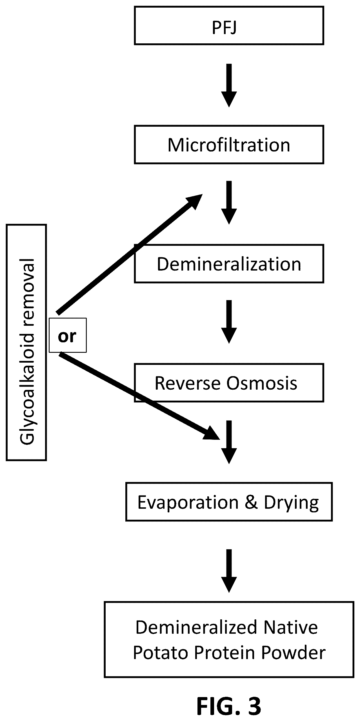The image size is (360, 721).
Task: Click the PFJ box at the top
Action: point(229,26)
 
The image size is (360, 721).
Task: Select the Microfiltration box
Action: point(229,145)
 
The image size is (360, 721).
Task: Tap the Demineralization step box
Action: point(229,264)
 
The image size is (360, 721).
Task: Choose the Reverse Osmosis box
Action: point(229,383)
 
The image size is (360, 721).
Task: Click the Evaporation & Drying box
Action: point(229,502)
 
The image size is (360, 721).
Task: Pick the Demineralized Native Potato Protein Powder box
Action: point(229,639)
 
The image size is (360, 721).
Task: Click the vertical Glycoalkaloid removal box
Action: point(26,342)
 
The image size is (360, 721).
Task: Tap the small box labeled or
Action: point(68,335)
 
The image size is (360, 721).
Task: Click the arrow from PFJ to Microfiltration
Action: point(229,85)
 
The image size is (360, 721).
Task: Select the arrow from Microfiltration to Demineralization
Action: point(229,203)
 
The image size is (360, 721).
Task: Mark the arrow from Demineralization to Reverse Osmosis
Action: point(229,322)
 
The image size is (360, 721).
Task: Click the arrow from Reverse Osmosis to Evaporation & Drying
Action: point(229,442)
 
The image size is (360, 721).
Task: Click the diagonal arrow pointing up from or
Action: point(130,254)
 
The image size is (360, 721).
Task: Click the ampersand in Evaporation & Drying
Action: point(251,502)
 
